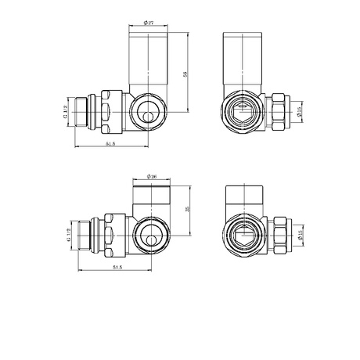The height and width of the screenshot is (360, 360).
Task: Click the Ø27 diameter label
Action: pos(149,24)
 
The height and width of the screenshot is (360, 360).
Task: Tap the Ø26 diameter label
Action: pos(151,178)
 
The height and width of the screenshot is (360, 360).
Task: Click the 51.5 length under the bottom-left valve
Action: pos(117,268)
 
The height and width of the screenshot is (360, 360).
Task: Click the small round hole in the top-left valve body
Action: pos(148,116)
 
